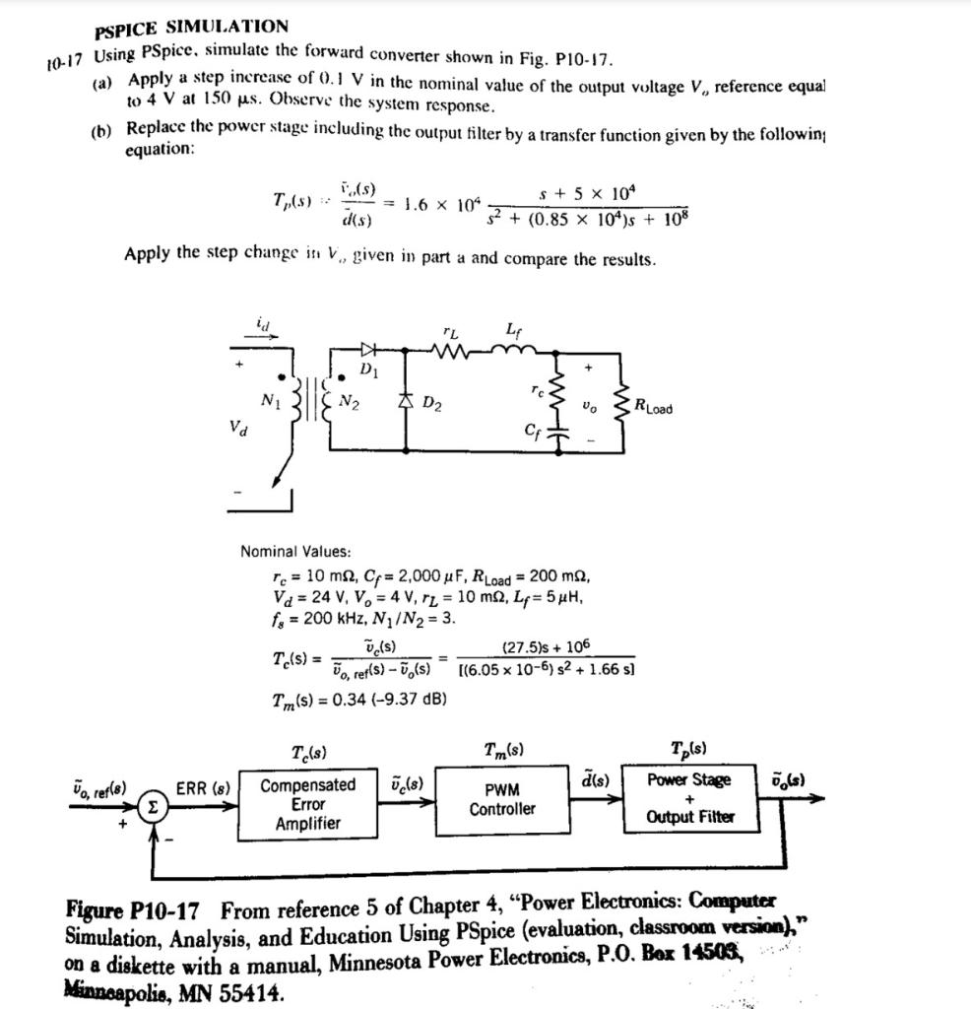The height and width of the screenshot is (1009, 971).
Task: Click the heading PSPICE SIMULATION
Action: click(x=192, y=27)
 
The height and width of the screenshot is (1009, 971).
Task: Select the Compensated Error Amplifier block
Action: click(x=308, y=804)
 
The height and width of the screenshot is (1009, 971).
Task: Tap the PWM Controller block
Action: click(x=502, y=799)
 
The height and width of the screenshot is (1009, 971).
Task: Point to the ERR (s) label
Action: click(x=203, y=786)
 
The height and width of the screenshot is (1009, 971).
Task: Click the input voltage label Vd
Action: click(x=238, y=430)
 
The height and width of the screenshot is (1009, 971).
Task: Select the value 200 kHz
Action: click(x=318, y=618)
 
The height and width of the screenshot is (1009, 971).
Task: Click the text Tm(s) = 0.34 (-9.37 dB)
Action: click(x=359, y=699)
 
